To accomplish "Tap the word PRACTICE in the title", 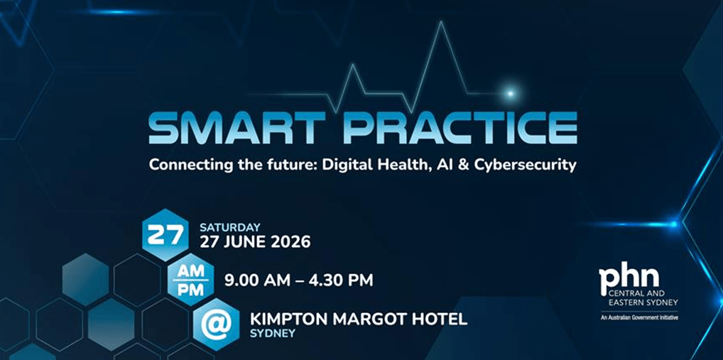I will pos(458,128).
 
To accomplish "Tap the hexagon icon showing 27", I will pos(165,235).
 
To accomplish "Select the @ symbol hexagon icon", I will pos(215,324).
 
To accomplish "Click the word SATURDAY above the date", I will pos(230,227).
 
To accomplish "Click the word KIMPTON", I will pos(286,319).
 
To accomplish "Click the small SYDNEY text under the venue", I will pos(273,332).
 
